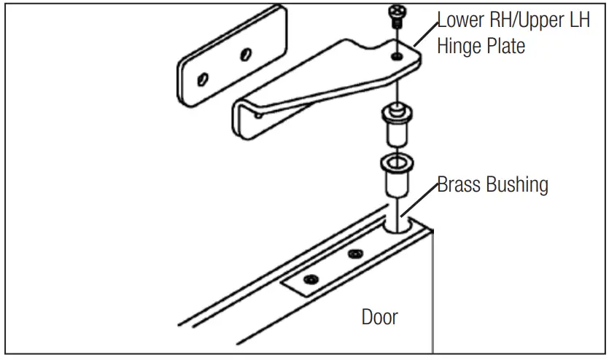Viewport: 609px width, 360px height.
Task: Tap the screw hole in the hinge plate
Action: (x=395, y=55)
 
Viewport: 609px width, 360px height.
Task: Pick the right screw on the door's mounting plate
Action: (x=355, y=254)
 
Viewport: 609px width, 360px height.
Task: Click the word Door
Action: (x=380, y=317)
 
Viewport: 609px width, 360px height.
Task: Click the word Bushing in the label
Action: (x=521, y=184)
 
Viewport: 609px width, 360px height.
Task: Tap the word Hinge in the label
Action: (x=458, y=46)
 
